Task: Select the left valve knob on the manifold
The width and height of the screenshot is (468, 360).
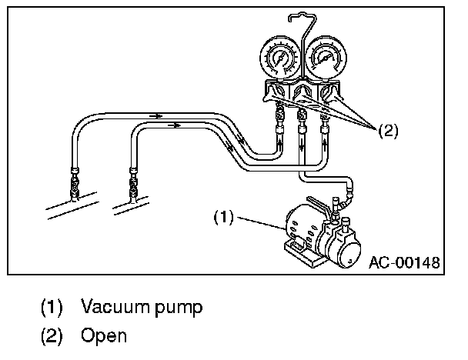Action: (272, 95)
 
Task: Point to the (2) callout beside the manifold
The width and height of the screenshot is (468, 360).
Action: (387, 131)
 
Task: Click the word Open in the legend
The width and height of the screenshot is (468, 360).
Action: (103, 336)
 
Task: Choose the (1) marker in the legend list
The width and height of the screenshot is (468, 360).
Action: (52, 308)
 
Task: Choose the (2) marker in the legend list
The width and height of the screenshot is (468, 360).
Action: (52, 336)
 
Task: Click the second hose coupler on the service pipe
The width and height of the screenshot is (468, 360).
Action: (134, 185)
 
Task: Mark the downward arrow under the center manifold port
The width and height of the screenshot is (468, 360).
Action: (302, 143)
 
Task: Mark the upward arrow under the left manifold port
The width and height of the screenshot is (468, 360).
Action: (279, 142)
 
